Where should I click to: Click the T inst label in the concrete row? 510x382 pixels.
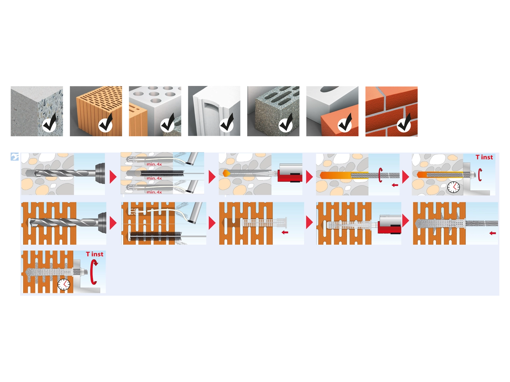[x=484, y=157]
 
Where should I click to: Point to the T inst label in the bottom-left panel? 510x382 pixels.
[x=95, y=254]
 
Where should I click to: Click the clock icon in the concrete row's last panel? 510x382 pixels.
[x=453, y=187]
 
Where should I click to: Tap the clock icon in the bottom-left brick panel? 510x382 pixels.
[x=64, y=284]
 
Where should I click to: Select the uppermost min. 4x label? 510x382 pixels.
[x=154, y=164]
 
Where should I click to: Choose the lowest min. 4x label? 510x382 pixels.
[x=154, y=192]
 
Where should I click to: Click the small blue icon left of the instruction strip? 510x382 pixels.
[x=15, y=157]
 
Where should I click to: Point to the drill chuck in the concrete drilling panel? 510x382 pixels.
[x=100, y=173]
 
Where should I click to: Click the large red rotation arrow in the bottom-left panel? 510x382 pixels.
[x=93, y=272]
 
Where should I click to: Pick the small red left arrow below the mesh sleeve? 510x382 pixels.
[x=285, y=232]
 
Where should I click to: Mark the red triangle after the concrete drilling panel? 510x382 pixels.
[x=113, y=177]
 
